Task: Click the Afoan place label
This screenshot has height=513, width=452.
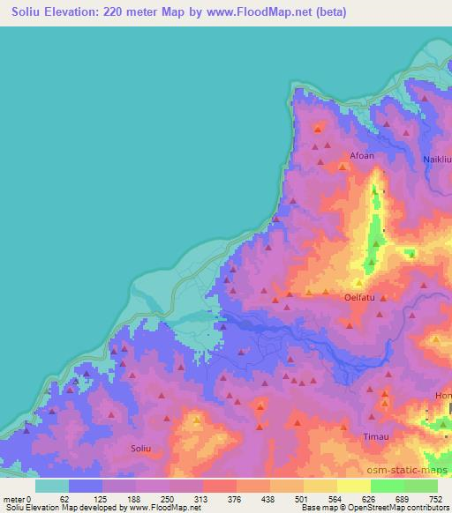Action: (362, 156)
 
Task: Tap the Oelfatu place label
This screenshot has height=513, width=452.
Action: (361, 298)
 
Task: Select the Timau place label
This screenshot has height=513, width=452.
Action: (376, 436)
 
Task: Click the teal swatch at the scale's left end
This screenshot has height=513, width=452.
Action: (52, 485)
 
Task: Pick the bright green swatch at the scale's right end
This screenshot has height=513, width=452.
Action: (421, 485)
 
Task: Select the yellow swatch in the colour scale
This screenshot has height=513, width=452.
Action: (320, 485)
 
